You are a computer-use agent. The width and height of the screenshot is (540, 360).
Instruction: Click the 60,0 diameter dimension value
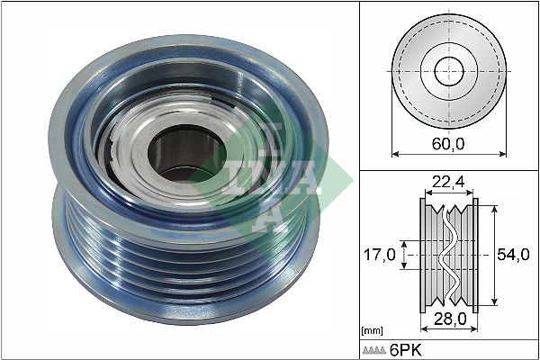(x=448, y=143)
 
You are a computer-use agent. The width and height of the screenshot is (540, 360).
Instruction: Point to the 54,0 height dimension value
(x=513, y=256)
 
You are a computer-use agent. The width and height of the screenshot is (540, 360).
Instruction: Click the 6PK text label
(x=405, y=350)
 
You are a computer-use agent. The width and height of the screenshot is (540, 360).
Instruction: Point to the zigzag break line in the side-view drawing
(x=448, y=256)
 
